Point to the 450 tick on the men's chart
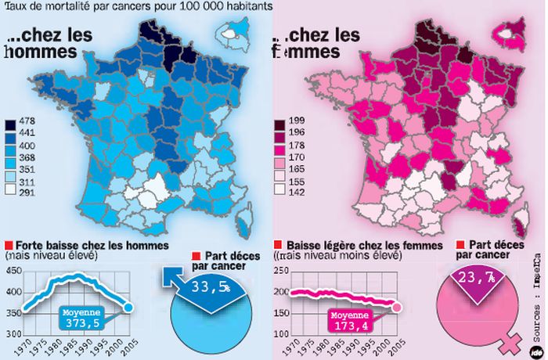click(x=12, y=271)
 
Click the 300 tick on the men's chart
click(x=12, y=335)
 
